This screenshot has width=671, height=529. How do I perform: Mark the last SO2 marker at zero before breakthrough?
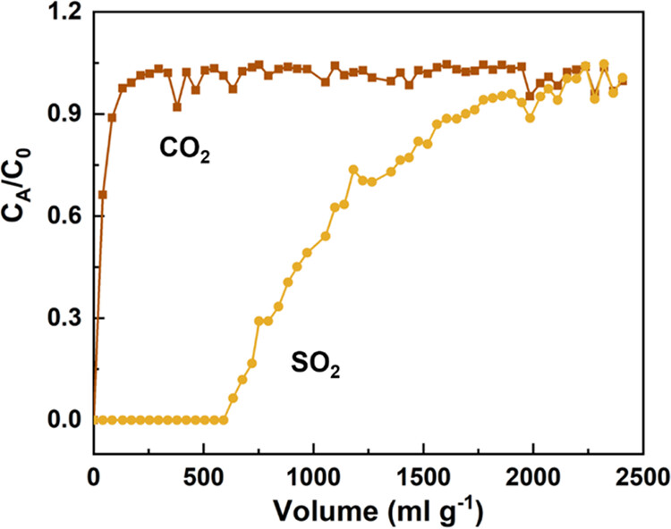pos(224,420)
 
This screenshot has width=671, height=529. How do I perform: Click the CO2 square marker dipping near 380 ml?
pos(177,107)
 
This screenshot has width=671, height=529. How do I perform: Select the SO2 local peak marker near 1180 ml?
pos(353,170)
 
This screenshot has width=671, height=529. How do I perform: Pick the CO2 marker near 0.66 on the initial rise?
pos(103,195)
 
